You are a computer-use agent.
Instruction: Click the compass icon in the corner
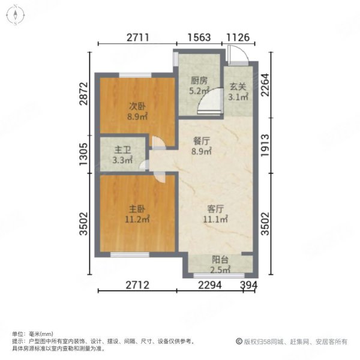[15, 16]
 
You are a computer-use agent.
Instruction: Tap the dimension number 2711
[138, 37]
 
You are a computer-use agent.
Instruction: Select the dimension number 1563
[199, 37]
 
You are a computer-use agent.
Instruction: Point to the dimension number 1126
[238, 37]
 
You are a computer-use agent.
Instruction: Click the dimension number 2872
[83, 94]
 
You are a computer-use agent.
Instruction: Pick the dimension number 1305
[83, 154]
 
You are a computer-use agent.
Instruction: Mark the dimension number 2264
[265, 85]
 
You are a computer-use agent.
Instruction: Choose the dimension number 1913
[265, 146]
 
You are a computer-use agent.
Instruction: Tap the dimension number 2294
[210, 285]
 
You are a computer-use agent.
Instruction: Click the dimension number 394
[249, 285]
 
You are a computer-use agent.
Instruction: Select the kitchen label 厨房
[199, 80]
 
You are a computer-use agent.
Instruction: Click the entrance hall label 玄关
[238, 86]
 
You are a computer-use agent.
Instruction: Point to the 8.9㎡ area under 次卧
[137, 116]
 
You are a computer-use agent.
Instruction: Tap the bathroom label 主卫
[122, 150]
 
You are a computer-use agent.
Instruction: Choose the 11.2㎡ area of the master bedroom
[137, 219]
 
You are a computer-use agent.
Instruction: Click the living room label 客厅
[215, 209]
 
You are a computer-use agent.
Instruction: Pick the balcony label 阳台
[220, 260]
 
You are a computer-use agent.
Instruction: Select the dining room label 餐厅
[202, 141]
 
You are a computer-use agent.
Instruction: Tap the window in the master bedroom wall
[130, 254]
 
